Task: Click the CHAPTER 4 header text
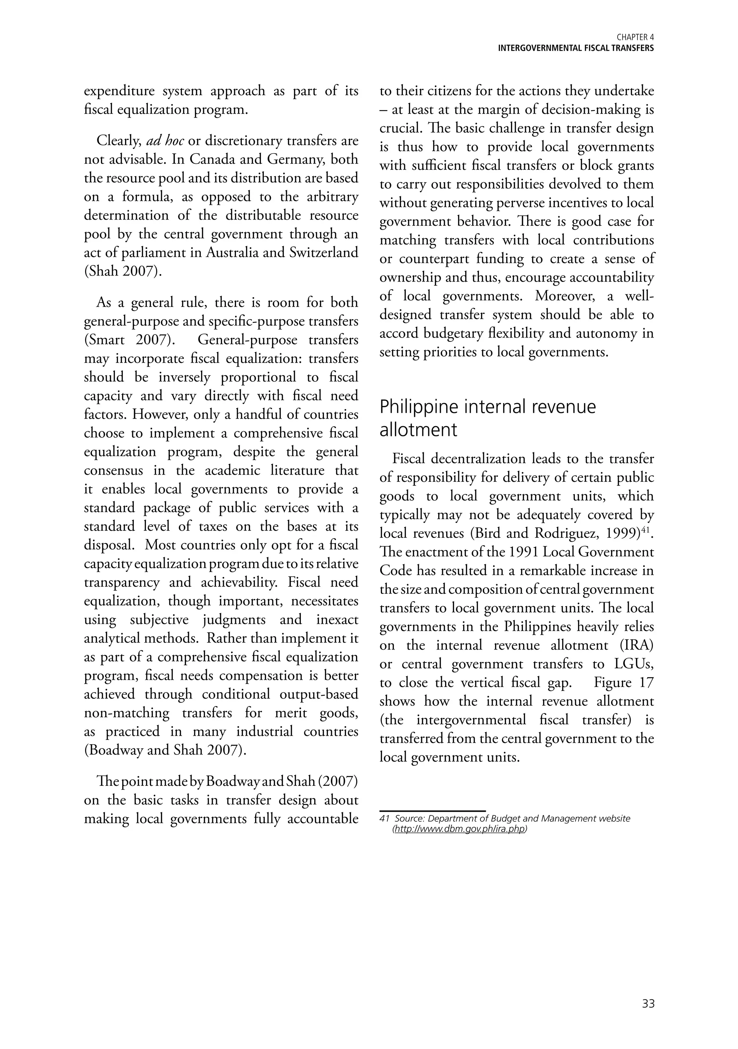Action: (635, 38)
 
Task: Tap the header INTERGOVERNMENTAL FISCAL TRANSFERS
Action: (575, 48)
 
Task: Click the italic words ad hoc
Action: (165, 141)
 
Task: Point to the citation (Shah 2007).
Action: (123, 272)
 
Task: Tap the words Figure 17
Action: (623, 683)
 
